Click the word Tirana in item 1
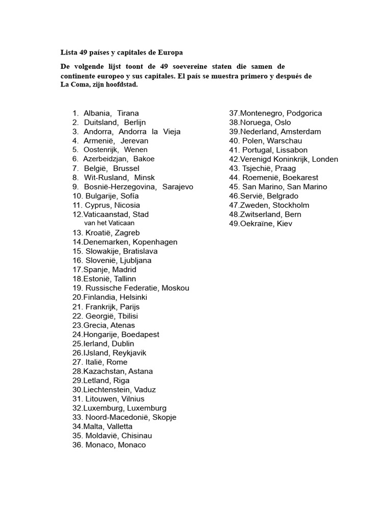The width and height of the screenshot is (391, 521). click(x=128, y=113)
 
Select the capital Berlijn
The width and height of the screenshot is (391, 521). click(x=135, y=122)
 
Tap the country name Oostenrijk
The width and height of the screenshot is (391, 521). click(x=101, y=150)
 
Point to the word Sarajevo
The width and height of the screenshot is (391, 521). click(x=178, y=187)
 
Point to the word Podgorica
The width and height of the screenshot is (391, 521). click(x=304, y=113)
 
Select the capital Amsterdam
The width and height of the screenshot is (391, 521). click(x=301, y=131)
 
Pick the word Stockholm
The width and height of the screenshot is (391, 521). click(x=291, y=205)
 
